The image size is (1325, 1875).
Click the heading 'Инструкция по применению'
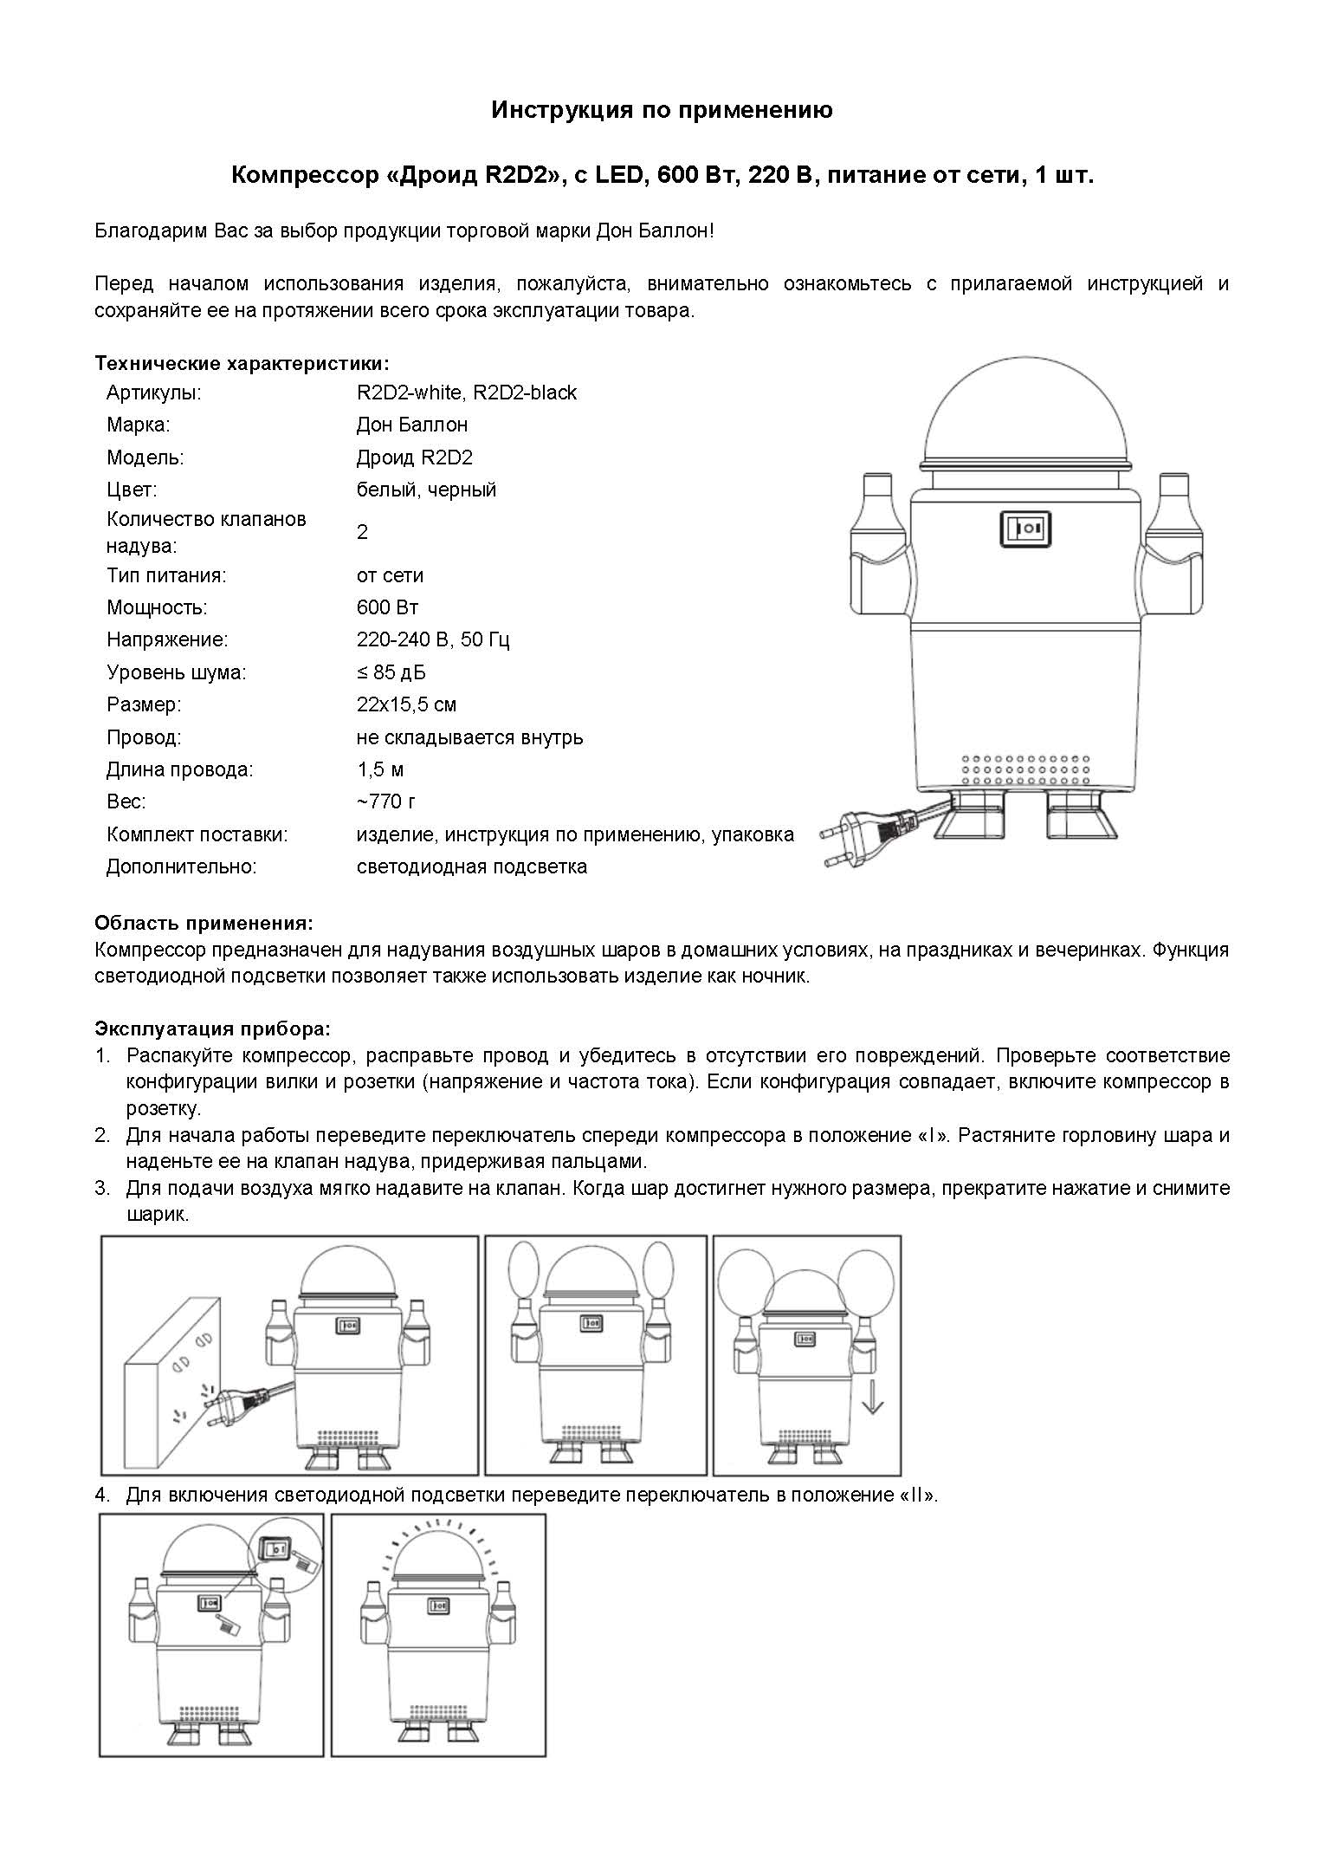[x=662, y=111]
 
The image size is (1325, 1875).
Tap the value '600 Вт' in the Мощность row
[x=387, y=607]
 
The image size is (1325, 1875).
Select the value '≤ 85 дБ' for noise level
[x=391, y=672]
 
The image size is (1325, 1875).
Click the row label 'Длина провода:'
[x=179, y=769]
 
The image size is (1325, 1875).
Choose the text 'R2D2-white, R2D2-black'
[x=466, y=393]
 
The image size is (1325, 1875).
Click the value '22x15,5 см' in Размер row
[x=406, y=704]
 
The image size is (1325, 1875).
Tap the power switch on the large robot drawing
[x=1026, y=528]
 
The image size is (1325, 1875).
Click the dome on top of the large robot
[x=1027, y=419]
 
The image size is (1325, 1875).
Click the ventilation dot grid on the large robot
[x=1025, y=769]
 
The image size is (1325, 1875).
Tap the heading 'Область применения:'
[x=204, y=923]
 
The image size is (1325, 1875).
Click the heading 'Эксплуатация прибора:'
[x=212, y=1029]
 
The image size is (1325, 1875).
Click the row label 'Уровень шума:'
[x=176, y=672]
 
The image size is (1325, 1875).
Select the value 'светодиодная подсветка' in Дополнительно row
[x=471, y=866]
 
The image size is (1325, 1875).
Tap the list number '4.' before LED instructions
[x=103, y=1495]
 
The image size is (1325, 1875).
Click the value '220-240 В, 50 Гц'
[x=433, y=640]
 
